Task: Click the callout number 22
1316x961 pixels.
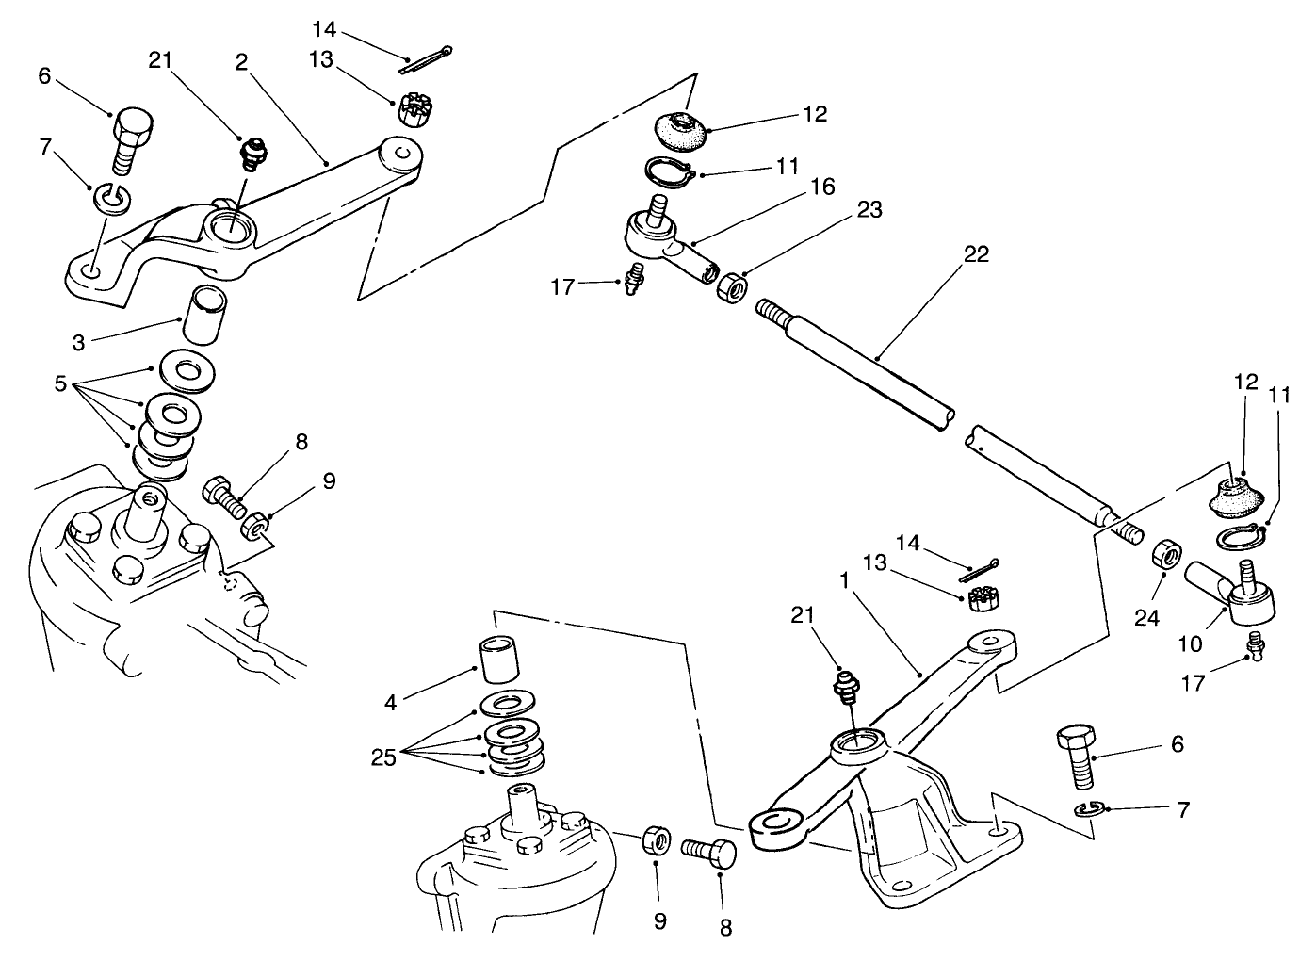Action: click(976, 254)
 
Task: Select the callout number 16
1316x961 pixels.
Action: click(821, 187)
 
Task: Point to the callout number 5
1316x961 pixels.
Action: click(60, 384)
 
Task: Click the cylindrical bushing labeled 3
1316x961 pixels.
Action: click(200, 318)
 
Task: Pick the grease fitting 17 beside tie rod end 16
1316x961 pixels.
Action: click(636, 281)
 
